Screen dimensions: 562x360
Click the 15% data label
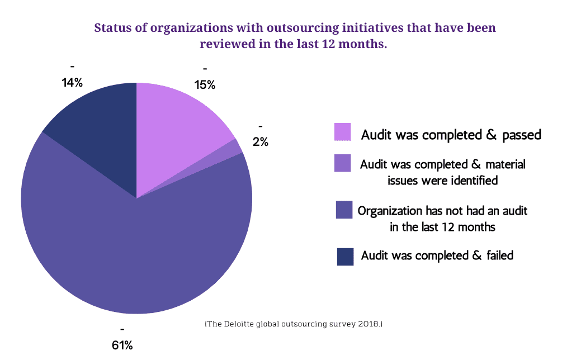(205, 85)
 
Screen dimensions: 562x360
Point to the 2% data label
(260, 142)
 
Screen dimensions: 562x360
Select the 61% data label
(122, 345)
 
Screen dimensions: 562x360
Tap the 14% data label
(72, 83)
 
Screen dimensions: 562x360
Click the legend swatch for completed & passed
(343, 132)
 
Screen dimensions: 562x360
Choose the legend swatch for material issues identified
(343, 163)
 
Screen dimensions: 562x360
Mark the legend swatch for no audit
(344, 210)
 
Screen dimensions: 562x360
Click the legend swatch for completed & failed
(345, 257)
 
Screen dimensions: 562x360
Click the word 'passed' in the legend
(522, 135)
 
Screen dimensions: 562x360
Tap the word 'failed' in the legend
(500, 255)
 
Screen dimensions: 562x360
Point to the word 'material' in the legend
(506, 164)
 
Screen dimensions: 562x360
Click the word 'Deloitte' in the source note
(238, 324)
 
